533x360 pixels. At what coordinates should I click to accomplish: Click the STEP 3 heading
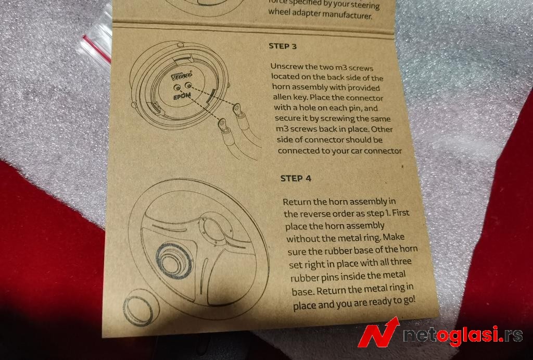click(x=283, y=46)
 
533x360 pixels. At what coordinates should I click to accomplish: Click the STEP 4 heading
click(x=296, y=178)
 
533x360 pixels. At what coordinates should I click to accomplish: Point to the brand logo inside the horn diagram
click(x=182, y=76)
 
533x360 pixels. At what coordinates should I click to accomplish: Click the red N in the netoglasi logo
click(x=378, y=332)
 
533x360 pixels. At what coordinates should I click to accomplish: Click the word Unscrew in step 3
click(x=285, y=67)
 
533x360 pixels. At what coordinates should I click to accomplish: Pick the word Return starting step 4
click(x=296, y=202)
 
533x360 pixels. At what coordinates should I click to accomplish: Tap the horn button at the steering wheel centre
click(x=173, y=260)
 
